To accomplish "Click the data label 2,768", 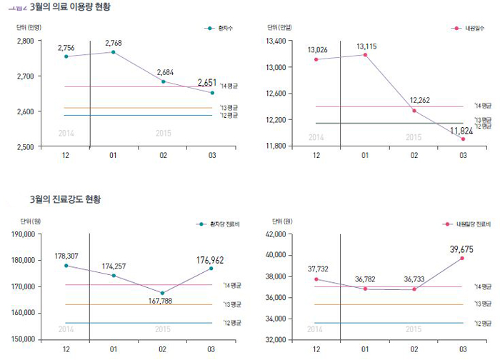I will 113,43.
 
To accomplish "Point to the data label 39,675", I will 461,248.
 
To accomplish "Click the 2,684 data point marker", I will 164,81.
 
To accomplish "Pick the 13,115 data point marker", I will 364,54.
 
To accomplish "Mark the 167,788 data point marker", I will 162,293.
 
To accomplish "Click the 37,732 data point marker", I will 316,279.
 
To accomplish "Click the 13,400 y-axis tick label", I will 276,41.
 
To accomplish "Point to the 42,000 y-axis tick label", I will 276,234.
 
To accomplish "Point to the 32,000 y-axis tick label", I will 276,339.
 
